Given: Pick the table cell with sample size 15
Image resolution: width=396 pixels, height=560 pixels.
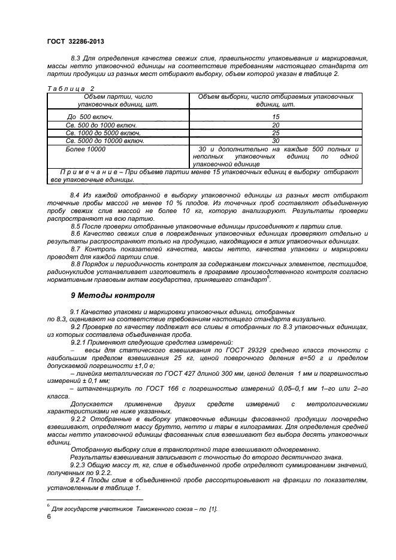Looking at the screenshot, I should tap(276, 116).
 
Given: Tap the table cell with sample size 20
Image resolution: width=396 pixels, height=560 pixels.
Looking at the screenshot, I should tap(276, 125).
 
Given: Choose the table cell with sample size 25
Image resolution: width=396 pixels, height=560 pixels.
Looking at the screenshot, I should tap(276, 133).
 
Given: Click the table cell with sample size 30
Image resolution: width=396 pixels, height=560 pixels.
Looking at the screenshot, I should tap(276, 141).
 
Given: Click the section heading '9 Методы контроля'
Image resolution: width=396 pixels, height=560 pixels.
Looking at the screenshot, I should tap(113, 295).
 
